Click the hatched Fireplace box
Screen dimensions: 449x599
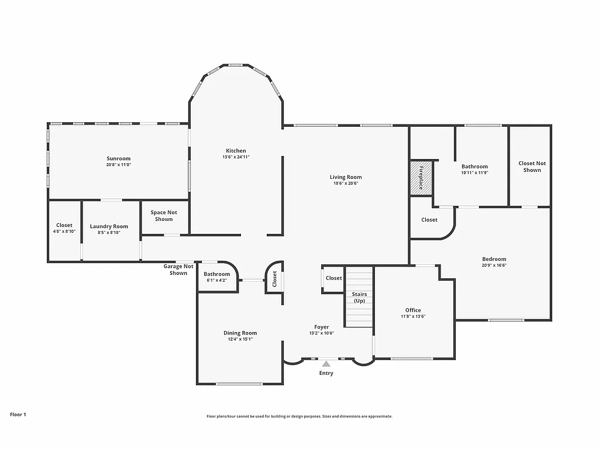[421, 178]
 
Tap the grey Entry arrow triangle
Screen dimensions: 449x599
[326, 364]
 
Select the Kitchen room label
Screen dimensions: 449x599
[236, 151]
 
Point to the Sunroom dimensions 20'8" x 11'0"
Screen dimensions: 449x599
[119, 165]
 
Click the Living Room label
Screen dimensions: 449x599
[346, 177]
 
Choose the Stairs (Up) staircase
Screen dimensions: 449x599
[359, 297]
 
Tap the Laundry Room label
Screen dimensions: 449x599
[109, 226]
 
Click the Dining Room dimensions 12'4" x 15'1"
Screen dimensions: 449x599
[240, 339]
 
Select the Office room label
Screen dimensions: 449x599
[413, 310]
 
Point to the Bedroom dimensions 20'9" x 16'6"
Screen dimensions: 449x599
[494, 265]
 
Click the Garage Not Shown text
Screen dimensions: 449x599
[178, 270]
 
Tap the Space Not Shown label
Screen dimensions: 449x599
[164, 216]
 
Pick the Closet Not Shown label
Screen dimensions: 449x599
[532, 167]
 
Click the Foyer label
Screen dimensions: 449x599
[321, 327]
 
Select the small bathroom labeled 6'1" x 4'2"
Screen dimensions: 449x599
[217, 277]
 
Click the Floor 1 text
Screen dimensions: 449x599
[18, 415]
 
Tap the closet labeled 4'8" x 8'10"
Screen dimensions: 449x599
[64, 228]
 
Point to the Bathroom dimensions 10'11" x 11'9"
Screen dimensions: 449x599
[474, 173]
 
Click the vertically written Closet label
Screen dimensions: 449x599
[274, 279]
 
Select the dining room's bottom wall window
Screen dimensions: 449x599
[239, 384]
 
